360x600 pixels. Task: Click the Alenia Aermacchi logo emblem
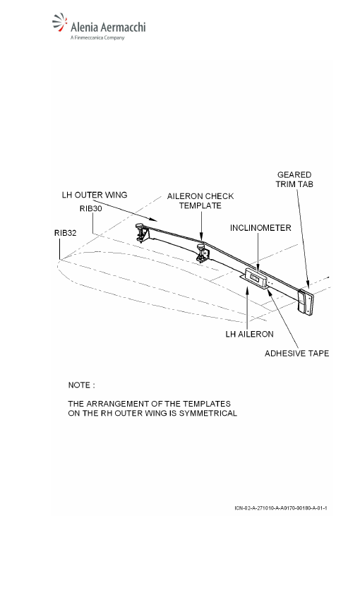click(x=60, y=22)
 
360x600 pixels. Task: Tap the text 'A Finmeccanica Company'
click(x=97, y=38)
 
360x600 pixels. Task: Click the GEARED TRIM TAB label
click(x=294, y=179)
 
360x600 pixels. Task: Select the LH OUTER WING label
click(x=95, y=195)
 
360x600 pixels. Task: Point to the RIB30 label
click(x=90, y=208)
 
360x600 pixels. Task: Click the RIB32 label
click(x=65, y=233)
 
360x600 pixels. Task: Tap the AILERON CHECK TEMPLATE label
click(x=200, y=201)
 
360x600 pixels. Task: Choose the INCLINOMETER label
click(x=260, y=228)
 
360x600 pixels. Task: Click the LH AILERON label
click(x=249, y=334)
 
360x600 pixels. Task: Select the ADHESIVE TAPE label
click(x=297, y=353)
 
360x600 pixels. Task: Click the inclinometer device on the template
click(x=255, y=278)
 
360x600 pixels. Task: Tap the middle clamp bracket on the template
click(x=202, y=254)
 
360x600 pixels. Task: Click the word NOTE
click(x=79, y=385)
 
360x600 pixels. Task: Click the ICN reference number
click(x=281, y=508)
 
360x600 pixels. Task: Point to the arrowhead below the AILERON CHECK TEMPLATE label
click(x=202, y=239)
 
